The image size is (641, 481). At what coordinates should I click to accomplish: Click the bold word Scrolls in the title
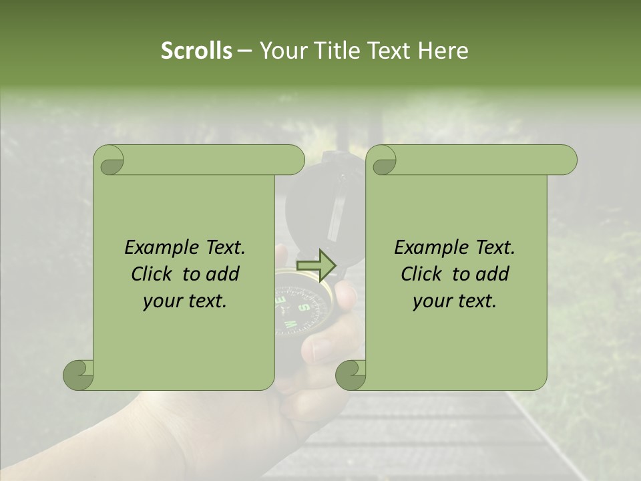click(196, 51)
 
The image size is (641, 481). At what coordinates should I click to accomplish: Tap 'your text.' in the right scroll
click(455, 301)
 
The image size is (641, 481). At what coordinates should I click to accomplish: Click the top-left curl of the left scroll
click(109, 160)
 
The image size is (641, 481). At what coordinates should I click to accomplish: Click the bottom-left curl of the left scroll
click(79, 375)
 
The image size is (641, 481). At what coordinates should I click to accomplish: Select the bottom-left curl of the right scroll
click(351, 375)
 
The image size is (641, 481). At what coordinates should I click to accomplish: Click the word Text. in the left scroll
click(223, 248)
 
